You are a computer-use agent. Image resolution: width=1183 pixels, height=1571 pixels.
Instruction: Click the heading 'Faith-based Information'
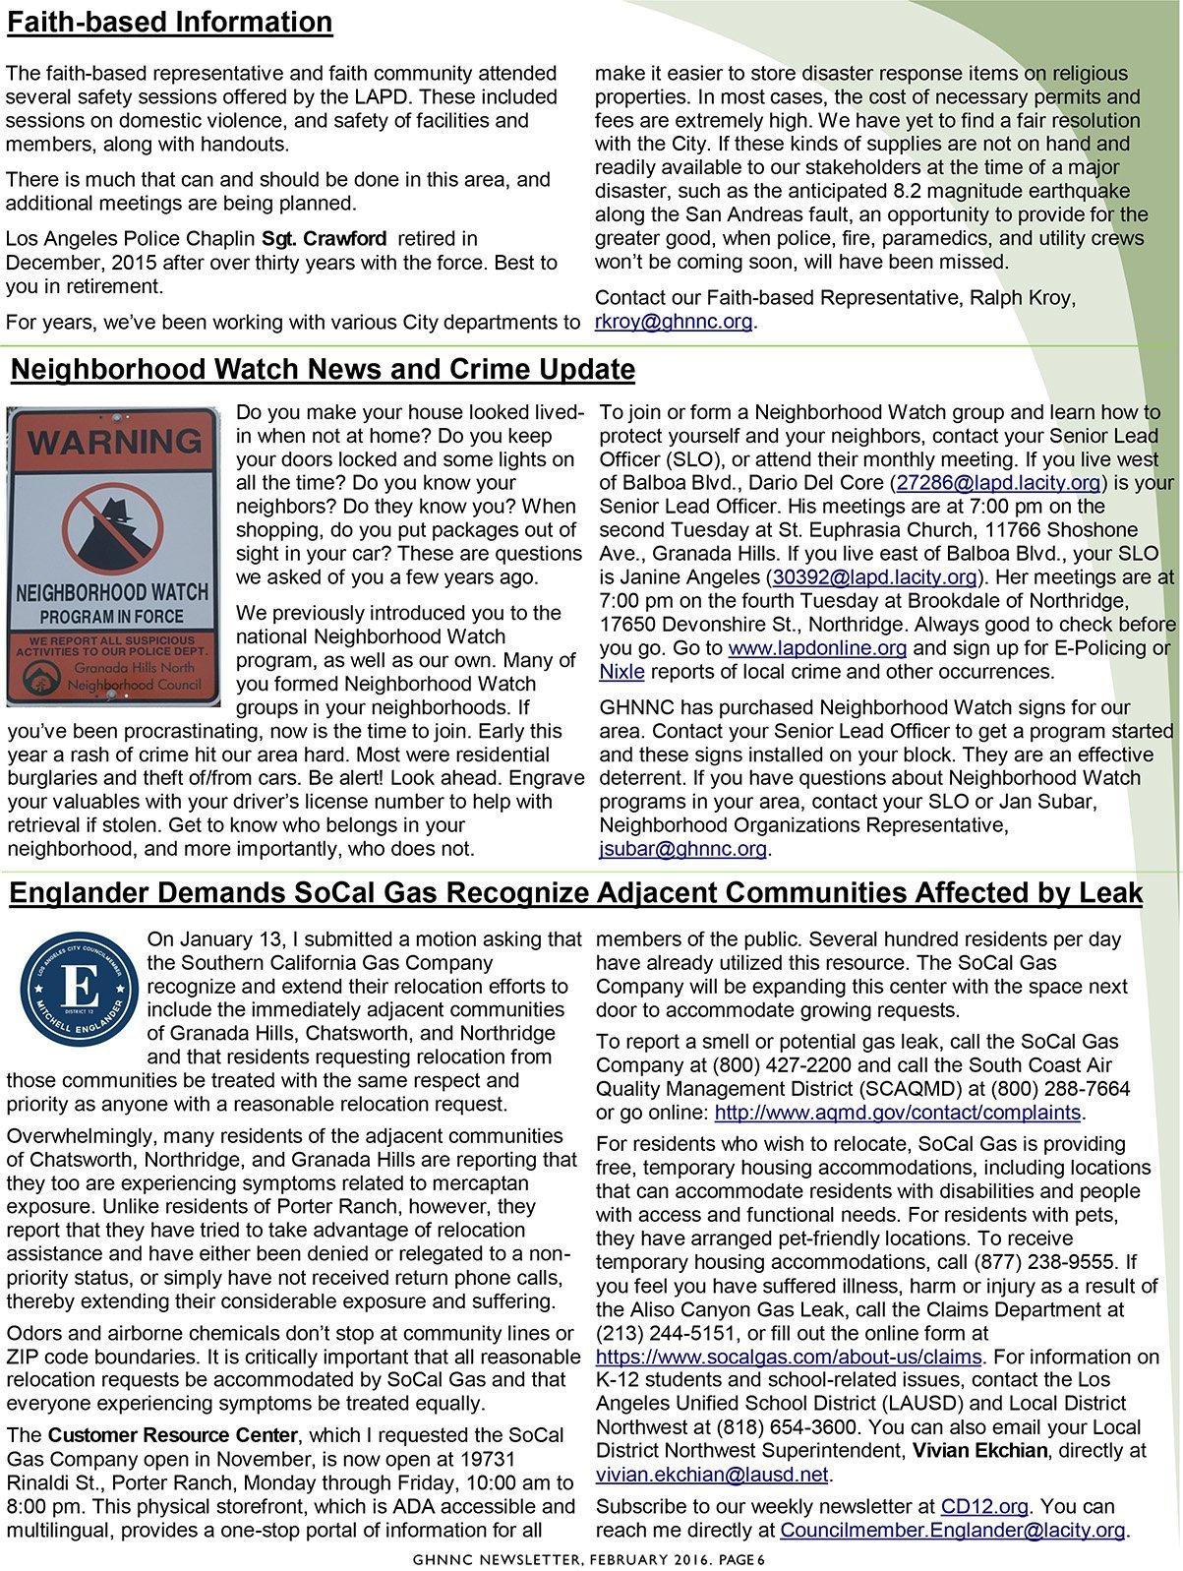(x=169, y=23)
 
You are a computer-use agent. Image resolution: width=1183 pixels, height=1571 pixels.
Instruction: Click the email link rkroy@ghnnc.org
(x=674, y=322)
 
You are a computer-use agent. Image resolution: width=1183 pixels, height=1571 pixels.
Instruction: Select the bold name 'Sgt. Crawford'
(x=324, y=239)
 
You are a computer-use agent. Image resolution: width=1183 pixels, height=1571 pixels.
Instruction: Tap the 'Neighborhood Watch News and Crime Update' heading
(x=323, y=370)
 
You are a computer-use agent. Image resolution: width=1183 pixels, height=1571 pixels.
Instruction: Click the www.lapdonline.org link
(x=817, y=648)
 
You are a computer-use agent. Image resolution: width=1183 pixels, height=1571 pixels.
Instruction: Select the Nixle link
(x=621, y=672)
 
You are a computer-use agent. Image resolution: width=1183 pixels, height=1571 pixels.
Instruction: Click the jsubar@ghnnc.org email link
(x=682, y=849)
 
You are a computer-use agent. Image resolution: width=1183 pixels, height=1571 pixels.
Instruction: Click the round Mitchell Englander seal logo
(x=79, y=989)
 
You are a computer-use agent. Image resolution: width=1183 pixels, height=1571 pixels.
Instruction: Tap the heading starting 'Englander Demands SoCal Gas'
(x=575, y=893)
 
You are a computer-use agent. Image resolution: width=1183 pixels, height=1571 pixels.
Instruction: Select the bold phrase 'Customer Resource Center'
(x=172, y=1435)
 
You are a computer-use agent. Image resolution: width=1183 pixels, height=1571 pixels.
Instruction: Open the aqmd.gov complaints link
(x=897, y=1113)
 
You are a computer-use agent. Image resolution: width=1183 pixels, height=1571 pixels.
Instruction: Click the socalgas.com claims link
(x=789, y=1357)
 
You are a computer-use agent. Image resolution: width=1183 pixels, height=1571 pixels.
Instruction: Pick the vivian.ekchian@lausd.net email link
(x=712, y=1475)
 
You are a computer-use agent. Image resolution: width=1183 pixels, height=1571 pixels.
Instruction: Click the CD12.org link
(x=984, y=1506)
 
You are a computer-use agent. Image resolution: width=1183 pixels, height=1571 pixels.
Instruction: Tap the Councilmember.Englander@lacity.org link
(x=952, y=1530)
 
